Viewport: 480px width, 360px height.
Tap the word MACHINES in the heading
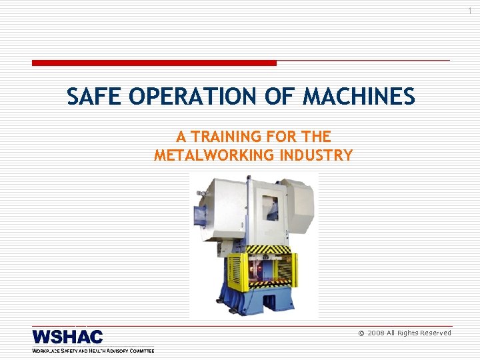pos(360,97)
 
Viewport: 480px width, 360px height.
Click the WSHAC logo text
pos(67,337)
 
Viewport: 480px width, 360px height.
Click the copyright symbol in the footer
pos(361,333)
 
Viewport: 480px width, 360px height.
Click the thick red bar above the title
pos(154,63)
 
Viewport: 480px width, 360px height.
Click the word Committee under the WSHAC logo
pos(138,350)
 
